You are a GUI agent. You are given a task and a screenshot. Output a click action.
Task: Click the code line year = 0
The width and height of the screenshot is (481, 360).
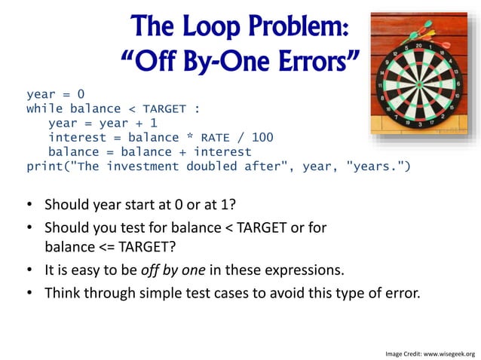pos(56,95)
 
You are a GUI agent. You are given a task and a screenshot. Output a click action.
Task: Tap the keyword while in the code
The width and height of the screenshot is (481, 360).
pos(44,109)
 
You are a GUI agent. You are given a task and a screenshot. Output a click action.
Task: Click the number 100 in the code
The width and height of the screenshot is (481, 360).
pos(262,138)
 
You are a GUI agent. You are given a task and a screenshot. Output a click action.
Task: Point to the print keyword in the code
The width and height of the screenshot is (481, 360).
pos(44,166)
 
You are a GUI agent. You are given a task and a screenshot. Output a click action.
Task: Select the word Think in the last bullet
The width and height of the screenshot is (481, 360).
pos(63,293)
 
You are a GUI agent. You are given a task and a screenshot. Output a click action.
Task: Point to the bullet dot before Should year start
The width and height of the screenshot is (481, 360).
pos(28,205)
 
